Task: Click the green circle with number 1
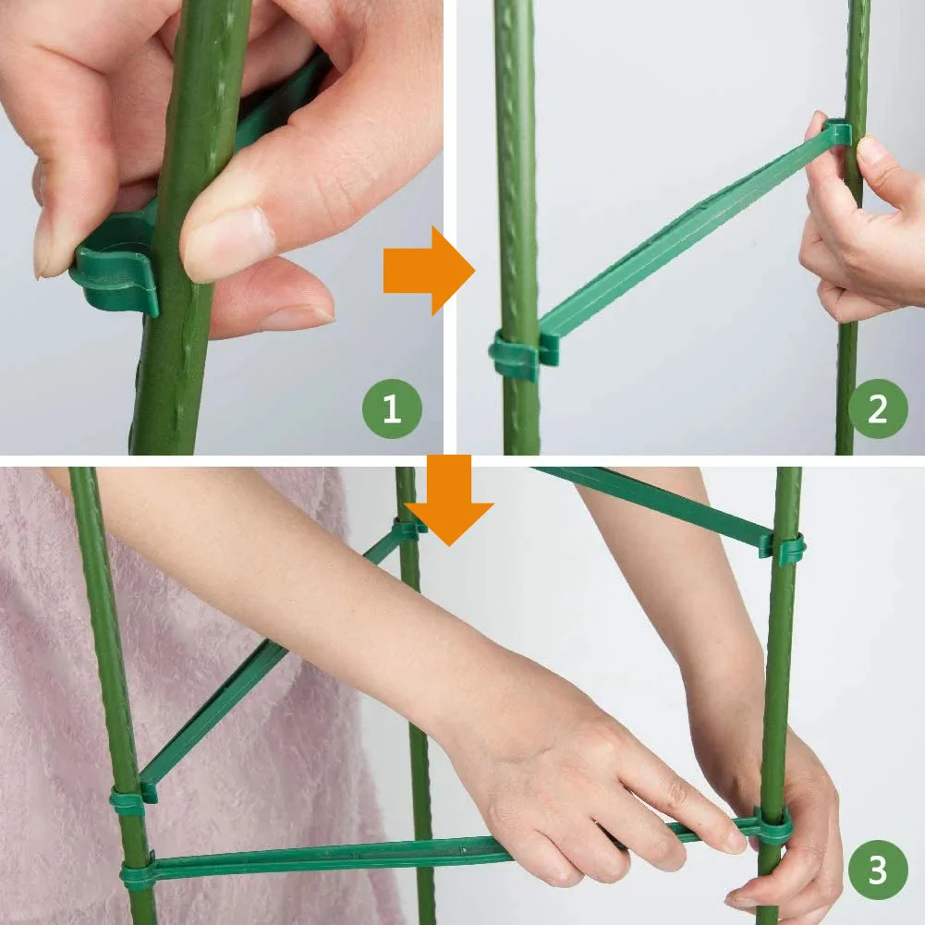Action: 391,408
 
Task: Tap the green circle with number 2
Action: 877,408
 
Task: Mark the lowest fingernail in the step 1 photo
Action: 296,317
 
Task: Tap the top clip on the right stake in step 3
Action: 784,548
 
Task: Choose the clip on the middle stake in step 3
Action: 408,529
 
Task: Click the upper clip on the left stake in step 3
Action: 130,798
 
